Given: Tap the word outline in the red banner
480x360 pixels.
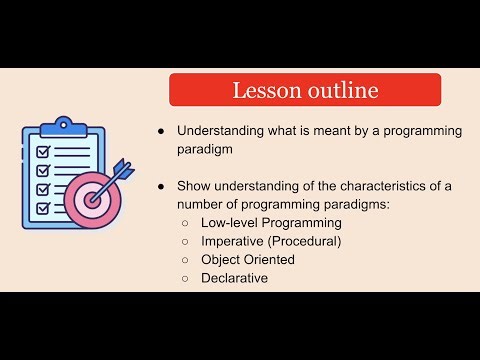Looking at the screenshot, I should click(342, 90).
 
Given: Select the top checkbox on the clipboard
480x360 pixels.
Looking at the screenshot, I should click(43, 151).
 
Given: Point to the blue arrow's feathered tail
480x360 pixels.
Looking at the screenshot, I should click(122, 167).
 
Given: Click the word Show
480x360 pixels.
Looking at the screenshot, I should click(194, 186).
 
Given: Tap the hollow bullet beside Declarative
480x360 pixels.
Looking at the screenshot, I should click(186, 278).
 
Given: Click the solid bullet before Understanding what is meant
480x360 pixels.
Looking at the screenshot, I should click(160, 131).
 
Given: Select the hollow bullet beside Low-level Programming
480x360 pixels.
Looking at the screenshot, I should click(186, 223).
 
